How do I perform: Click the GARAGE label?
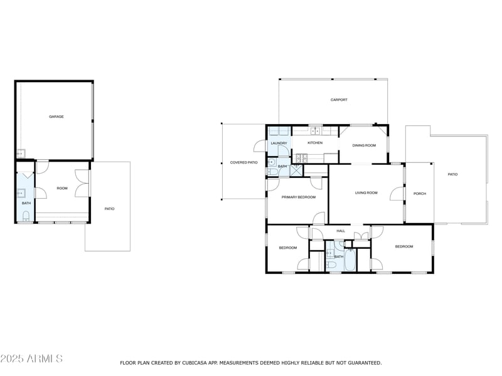click(56, 117)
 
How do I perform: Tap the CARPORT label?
click(339, 100)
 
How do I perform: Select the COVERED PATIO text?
click(244, 162)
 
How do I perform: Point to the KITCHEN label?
click(315, 143)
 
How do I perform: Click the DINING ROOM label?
click(364, 145)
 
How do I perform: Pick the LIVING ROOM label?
click(366, 193)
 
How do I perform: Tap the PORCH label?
click(420, 194)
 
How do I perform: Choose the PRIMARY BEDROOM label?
click(298, 197)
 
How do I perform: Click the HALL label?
click(341, 231)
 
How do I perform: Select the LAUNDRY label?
click(279, 143)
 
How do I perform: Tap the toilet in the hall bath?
click(333, 266)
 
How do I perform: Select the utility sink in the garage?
click(20, 152)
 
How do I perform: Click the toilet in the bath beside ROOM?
click(26, 216)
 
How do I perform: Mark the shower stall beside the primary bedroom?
click(296, 169)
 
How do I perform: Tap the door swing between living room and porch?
click(397, 194)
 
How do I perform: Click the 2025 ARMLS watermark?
click(31, 358)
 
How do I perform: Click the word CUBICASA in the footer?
click(196, 363)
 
